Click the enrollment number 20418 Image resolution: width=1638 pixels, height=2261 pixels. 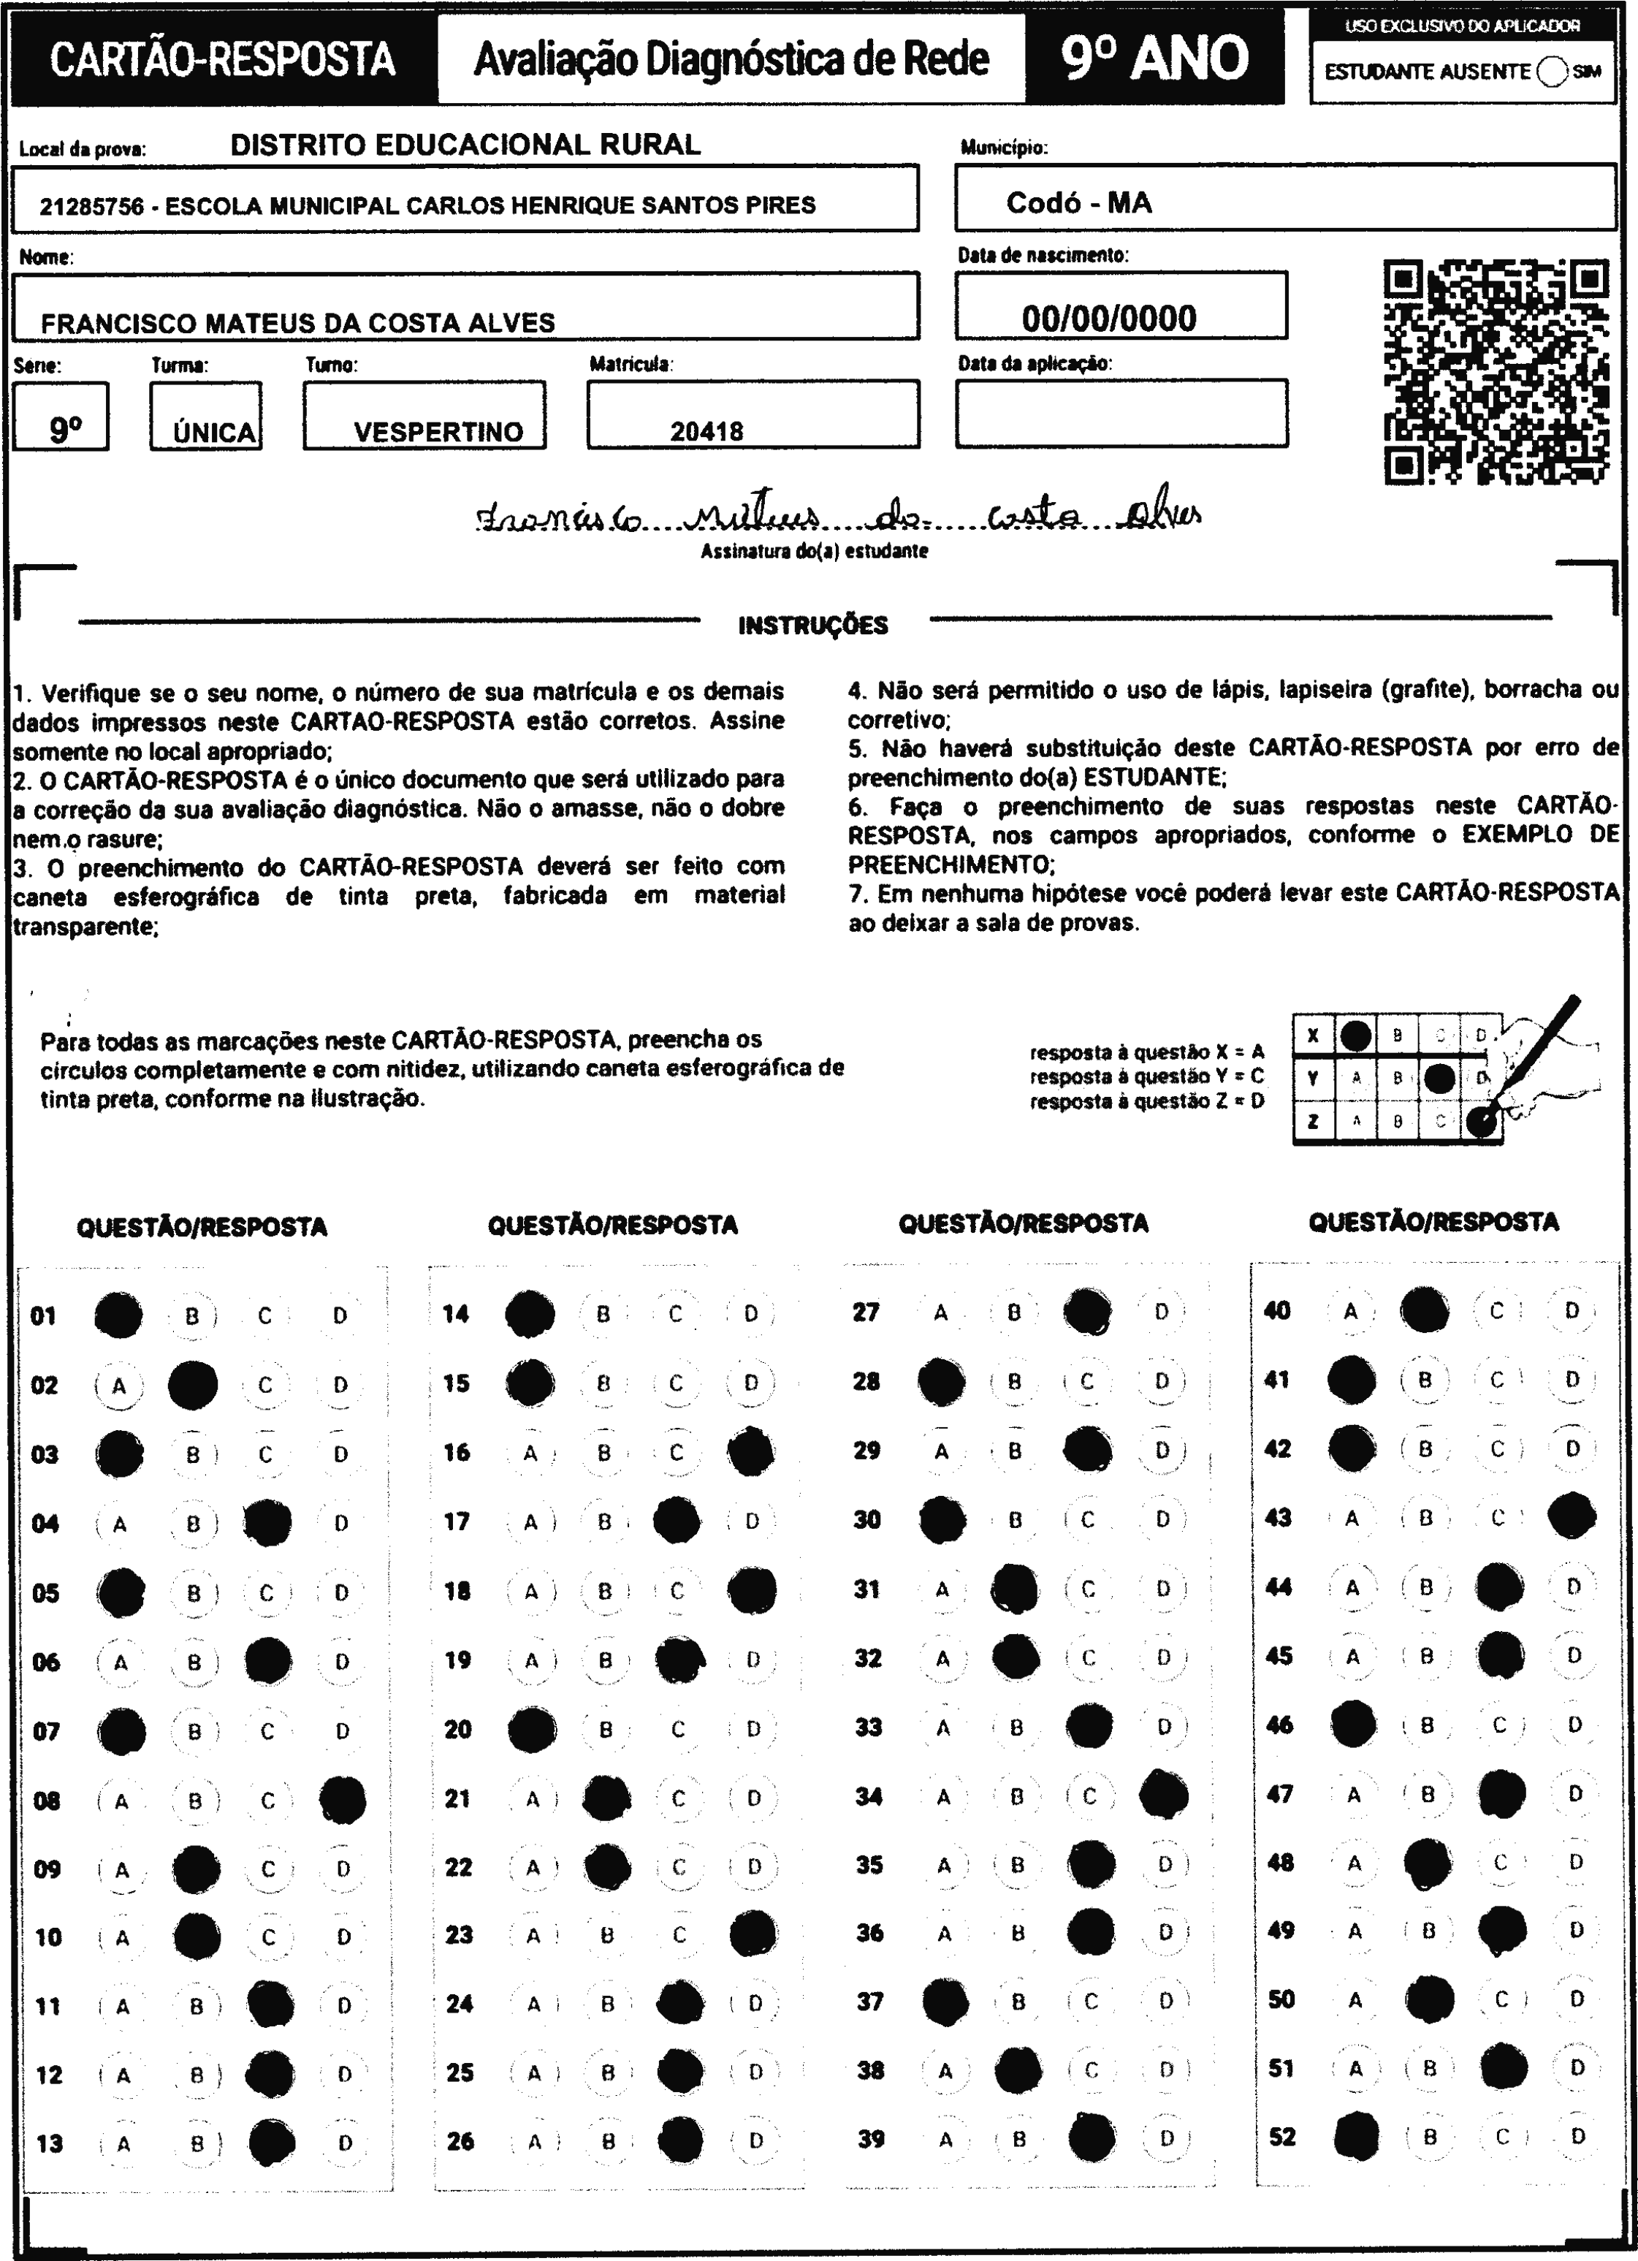tap(706, 432)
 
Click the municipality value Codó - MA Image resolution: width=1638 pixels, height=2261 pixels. tap(1078, 203)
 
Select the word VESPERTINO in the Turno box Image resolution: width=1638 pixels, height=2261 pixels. tap(438, 432)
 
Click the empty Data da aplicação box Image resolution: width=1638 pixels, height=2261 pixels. tap(1121, 413)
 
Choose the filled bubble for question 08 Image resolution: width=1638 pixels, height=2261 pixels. tap(342, 1801)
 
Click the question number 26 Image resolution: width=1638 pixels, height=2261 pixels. tap(460, 2141)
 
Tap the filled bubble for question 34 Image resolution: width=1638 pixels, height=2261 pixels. tap(1163, 1795)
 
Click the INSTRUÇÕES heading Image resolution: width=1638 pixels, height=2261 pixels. tap(812, 626)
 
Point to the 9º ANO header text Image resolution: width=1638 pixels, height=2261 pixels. tap(1154, 58)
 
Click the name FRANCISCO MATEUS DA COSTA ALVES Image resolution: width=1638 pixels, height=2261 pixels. tap(297, 323)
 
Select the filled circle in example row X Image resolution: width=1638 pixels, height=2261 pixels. tap(1355, 1035)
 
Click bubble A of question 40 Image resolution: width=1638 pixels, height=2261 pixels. tap(1351, 1312)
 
